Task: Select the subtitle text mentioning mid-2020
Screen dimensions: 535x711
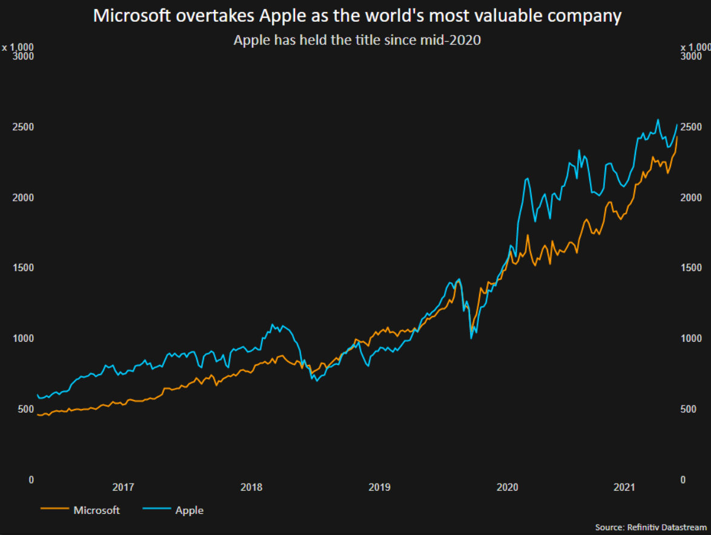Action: [357, 41]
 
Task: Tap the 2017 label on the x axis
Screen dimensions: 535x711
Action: [123, 487]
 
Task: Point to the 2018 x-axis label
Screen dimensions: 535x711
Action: [251, 487]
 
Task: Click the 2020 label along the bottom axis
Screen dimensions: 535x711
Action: [507, 487]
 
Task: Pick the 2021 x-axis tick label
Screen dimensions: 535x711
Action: [624, 487]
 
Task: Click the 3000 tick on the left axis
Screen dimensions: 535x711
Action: [24, 56]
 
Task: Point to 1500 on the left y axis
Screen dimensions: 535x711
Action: [24, 267]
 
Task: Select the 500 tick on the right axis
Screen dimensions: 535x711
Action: [689, 409]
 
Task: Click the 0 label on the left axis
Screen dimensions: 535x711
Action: [31, 479]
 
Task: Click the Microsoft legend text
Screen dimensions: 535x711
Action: [96, 510]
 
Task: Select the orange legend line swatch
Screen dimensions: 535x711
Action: [53, 510]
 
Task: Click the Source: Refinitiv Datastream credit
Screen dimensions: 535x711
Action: [650, 528]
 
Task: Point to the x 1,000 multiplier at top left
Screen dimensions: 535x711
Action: [18, 47]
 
